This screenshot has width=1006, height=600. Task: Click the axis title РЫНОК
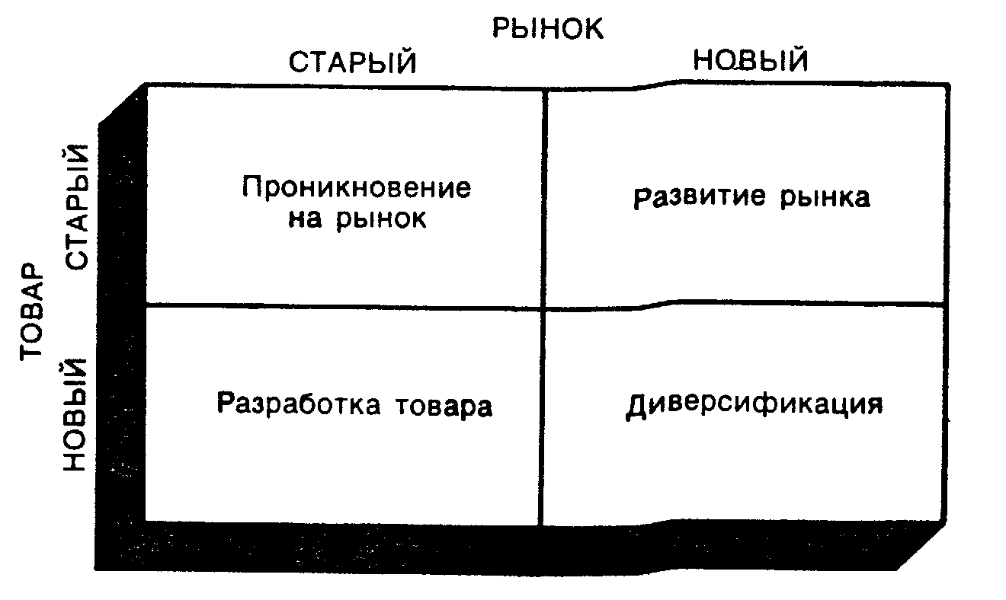pos(547,28)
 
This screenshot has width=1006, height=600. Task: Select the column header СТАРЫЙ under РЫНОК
pos(353,62)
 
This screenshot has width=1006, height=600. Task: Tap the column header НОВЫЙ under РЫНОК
pos(751,60)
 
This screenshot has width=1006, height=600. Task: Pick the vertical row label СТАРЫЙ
pos(78,206)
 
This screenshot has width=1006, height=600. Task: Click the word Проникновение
pos(357,187)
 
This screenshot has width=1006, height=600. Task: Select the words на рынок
pos(357,219)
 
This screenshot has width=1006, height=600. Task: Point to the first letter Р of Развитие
pos(642,198)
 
